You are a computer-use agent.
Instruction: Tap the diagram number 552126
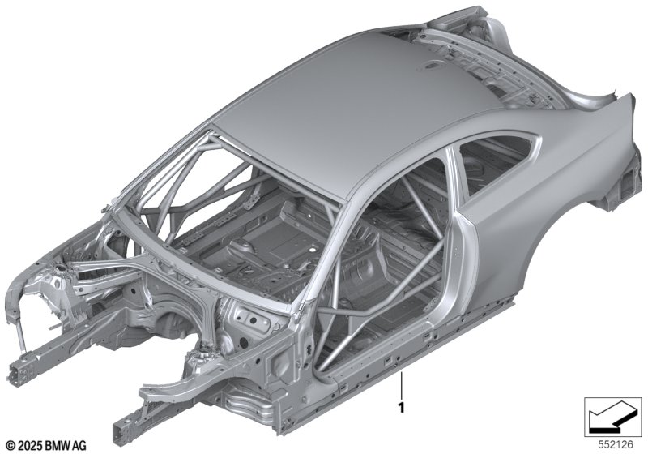pos(616,445)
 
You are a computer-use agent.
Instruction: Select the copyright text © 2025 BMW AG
pos(46,446)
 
